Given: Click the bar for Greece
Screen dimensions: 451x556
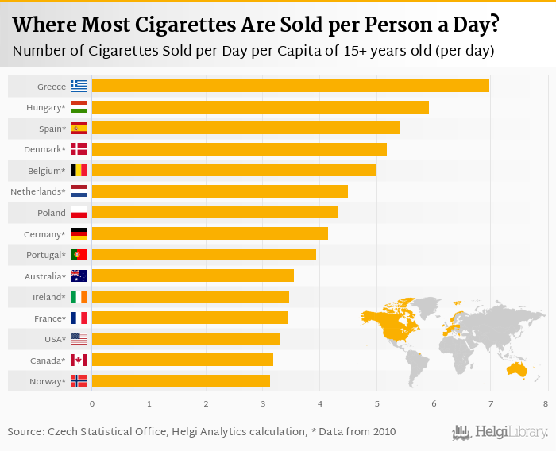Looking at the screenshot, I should point(290,86).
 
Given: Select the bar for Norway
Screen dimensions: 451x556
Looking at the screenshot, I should point(181,381).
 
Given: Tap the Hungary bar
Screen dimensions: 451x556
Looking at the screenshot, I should point(260,107).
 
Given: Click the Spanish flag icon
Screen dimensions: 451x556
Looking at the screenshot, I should point(79,128).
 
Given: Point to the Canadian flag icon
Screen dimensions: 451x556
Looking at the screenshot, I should point(79,360).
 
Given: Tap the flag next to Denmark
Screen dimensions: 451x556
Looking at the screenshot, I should point(79,149).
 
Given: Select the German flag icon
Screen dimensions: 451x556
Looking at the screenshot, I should point(79,233).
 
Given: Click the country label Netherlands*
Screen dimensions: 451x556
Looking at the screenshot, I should point(37,191).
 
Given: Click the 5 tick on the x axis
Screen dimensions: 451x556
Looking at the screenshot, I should point(376,404).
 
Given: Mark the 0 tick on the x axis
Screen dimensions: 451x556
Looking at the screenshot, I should point(92,404).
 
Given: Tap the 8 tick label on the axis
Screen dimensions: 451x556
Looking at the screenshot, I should point(546,404).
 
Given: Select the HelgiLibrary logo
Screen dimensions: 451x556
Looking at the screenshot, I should point(500,432).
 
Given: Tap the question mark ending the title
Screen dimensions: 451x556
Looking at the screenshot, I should point(494,25).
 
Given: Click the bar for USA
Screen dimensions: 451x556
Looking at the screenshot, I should point(186,339).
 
